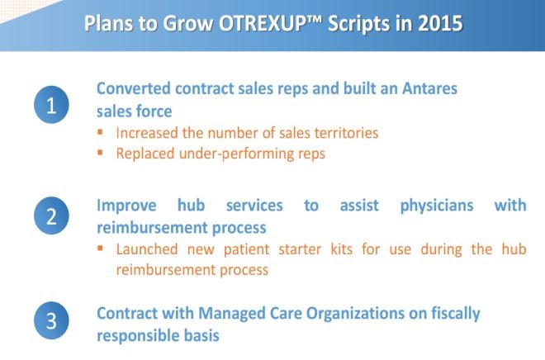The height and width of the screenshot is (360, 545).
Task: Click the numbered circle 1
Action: [51, 105]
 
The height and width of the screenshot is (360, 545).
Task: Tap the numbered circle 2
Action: [51, 216]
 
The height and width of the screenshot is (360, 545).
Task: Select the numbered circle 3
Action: [51, 320]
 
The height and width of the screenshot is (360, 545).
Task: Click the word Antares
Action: [429, 88]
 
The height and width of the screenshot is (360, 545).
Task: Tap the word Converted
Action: [134, 88]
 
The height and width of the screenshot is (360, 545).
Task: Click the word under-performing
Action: [236, 154]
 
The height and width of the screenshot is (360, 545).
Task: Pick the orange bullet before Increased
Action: [101, 132]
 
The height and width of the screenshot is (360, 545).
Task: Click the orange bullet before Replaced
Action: [101, 152]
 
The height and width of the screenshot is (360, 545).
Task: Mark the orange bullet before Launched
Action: [101, 248]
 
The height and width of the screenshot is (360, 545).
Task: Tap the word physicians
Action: [437, 206]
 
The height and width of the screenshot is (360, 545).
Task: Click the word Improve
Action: [126, 206]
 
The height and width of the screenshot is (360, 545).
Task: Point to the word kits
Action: [341, 249]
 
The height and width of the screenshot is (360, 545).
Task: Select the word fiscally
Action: [456, 313]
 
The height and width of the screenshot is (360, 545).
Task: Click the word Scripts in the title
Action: [358, 24]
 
